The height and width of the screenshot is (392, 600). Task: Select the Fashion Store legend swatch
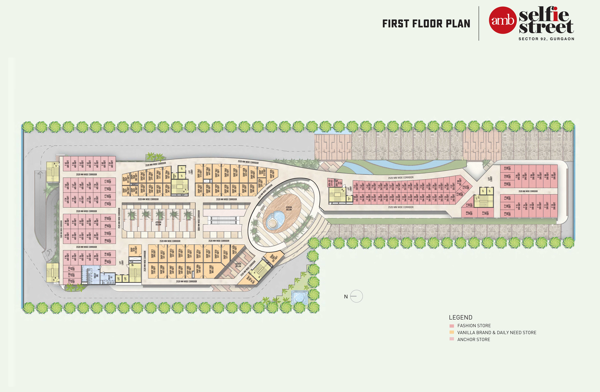(451, 326)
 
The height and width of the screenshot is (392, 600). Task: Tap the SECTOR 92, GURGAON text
(546, 39)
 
